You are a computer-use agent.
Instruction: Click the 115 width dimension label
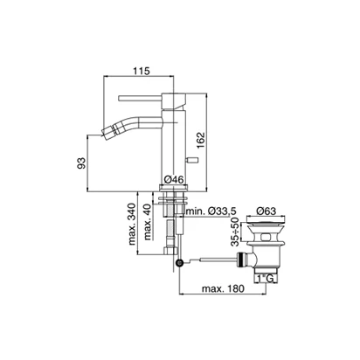pyautogui.click(x=142, y=71)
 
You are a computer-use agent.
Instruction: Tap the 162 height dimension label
pyautogui.click(x=201, y=141)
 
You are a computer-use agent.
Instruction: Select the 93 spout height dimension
pyautogui.click(x=82, y=163)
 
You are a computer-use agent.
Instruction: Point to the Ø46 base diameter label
pyautogui.click(x=174, y=180)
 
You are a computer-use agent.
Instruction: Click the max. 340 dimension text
pyautogui.click(x=132, y=224)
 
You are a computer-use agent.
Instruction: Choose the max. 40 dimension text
pyautogui.click(x=148, y=222)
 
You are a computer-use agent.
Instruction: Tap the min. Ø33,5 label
pyautogui.click(x=211, y=211)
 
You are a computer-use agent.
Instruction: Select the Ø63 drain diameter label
pyautogui.click(x=266, y=211)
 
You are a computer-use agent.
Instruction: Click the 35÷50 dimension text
pyautogui.click(x=235, y=232)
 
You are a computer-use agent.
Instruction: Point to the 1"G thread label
pyautogui.click(x=266, y=279)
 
